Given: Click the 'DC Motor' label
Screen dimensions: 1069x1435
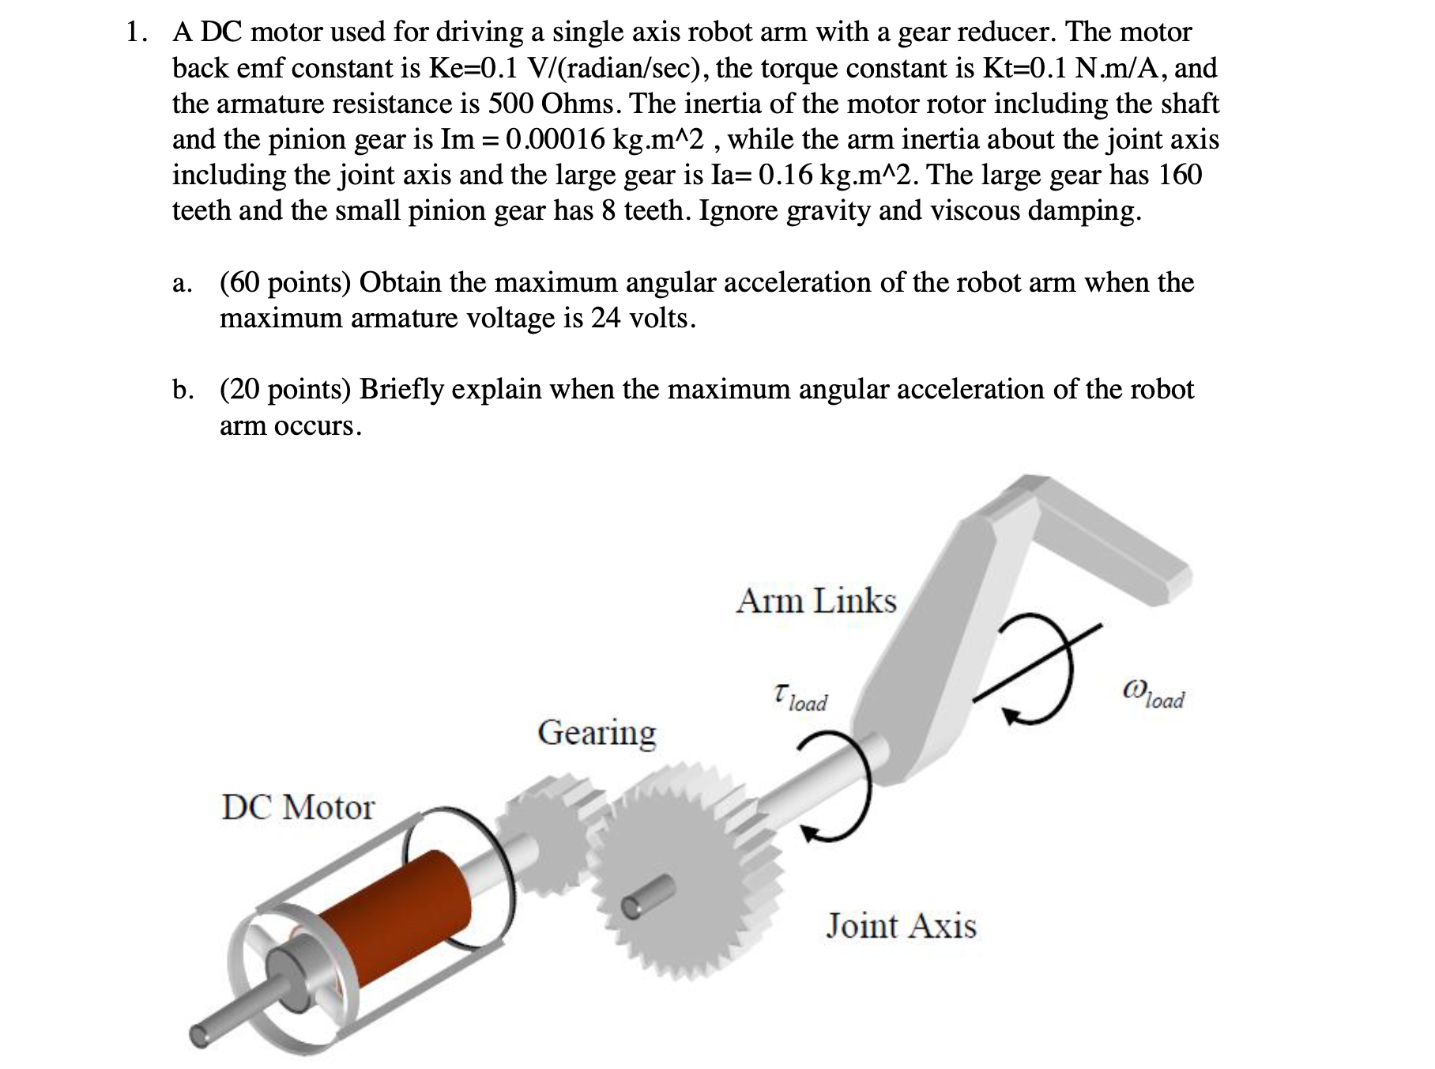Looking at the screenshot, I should [298, 807].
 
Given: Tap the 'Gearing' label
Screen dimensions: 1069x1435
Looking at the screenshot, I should [597, 732].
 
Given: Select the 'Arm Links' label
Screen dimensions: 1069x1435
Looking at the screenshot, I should [816, 601].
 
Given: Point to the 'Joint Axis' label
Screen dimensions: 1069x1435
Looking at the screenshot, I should [901, 925].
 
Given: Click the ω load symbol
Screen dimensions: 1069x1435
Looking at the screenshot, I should [1153, 696].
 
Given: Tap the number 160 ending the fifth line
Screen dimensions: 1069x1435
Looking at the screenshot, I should [1180, 175].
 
